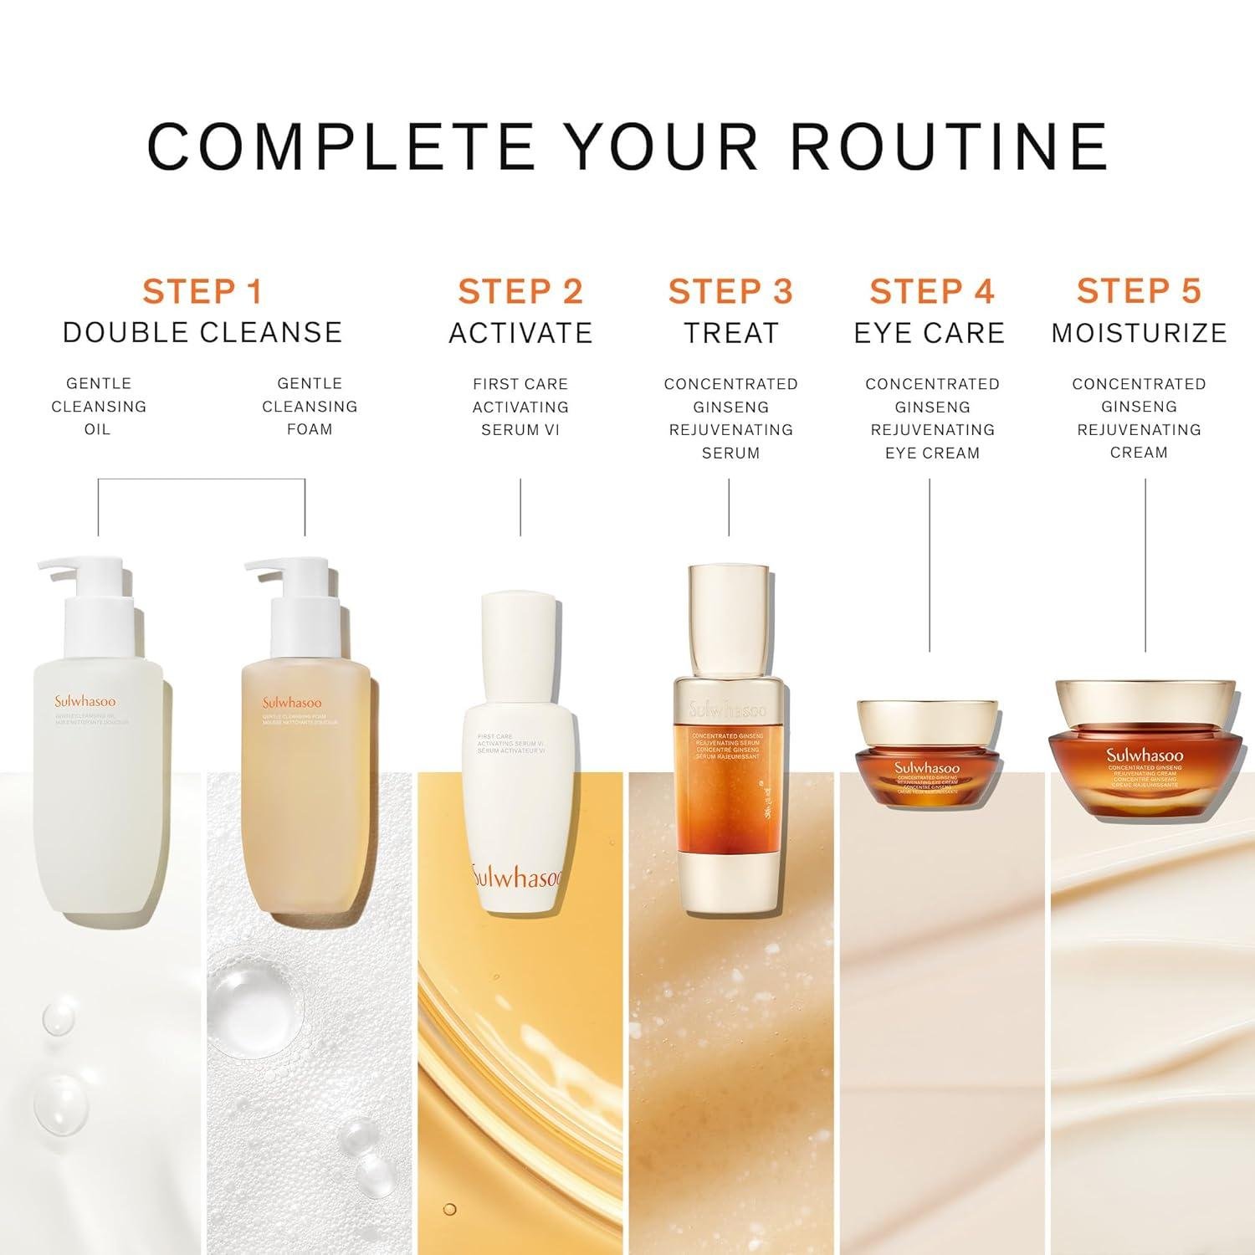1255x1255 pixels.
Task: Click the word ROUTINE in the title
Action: pos(950,146)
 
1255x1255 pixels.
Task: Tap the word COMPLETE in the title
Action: pos(341,146)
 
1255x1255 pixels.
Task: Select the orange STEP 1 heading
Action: pos(202,291)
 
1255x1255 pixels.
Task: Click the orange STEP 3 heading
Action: pos(730,291)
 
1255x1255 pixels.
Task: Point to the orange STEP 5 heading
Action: pos(1139,291)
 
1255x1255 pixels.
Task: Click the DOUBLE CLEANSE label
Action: pos(202,332)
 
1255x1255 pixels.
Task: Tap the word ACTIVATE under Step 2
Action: pos(520,333)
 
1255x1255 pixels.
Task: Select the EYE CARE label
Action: pos(930,333)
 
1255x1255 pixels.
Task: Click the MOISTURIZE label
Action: pos(1139,333)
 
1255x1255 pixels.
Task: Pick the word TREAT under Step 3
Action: pos(730,333)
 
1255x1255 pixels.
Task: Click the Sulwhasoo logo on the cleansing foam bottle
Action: pos(292,703)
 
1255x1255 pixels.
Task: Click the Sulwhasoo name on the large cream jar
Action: pos(1145,755)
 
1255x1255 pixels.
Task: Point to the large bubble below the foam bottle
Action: pos(251,996)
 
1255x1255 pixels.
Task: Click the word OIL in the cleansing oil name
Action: pos(98,429)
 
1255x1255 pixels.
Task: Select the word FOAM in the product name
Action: pos(310,429)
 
